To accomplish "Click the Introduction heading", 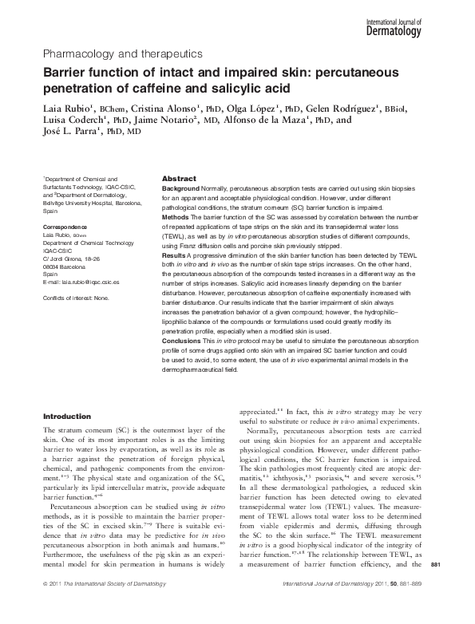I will coord(66,416).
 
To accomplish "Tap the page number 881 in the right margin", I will coord(457,587).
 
